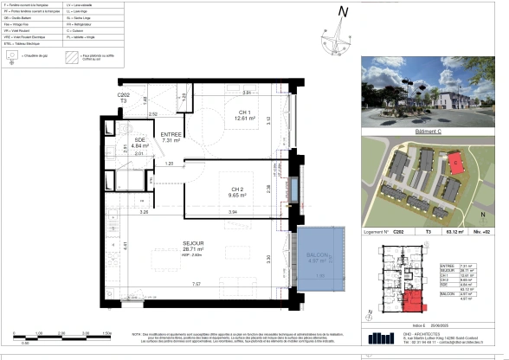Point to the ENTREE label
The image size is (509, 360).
(x=170, y=135)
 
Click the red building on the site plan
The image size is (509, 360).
(x=456, y=161)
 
